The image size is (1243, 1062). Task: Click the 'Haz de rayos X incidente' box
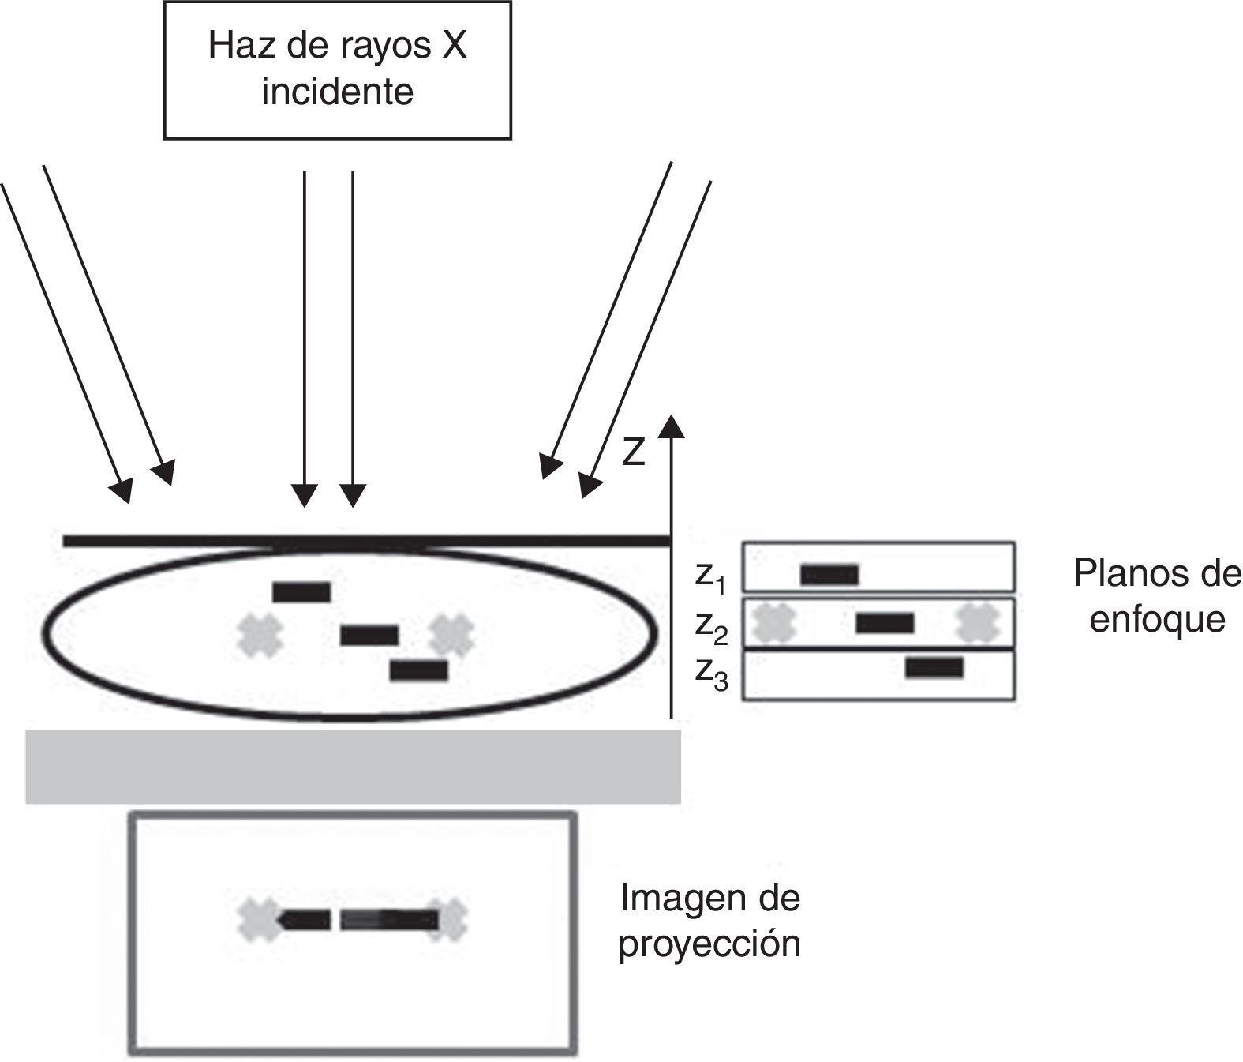point(337,69)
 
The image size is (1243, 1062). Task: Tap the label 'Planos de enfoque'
point(1157,596)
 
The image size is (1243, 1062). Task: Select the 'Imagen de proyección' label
point(709,921)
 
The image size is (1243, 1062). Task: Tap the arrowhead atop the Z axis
point(671,426)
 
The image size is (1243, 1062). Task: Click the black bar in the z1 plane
point(829,574)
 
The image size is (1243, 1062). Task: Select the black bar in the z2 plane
point(885,623)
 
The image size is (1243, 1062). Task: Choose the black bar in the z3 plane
point(934,668)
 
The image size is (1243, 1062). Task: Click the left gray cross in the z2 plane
point(773,623)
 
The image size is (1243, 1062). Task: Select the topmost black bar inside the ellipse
point(301,591)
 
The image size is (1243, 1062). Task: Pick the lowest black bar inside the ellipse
point(418,670)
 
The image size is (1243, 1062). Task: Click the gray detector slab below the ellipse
point(353,767)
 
